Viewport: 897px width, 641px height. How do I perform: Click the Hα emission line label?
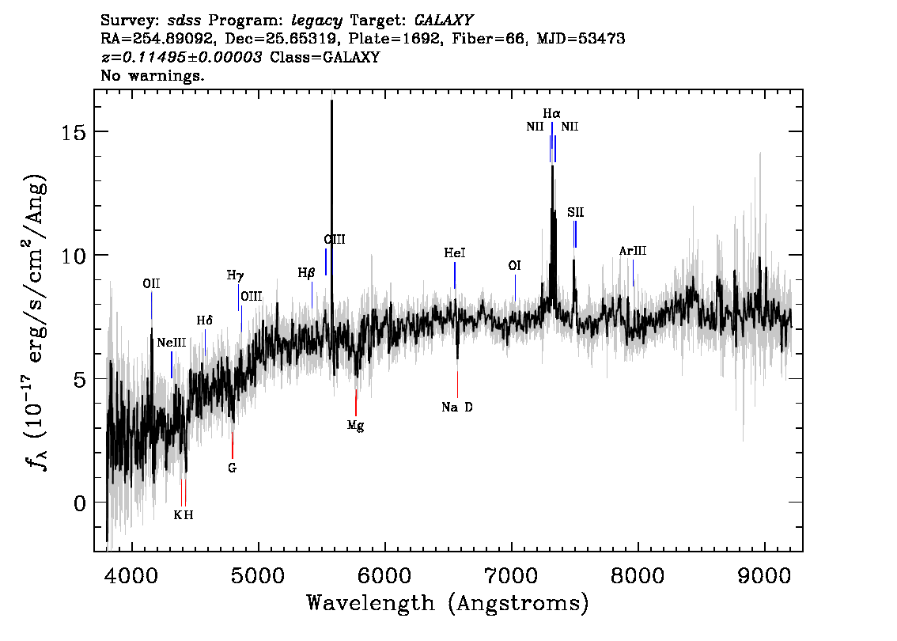[x=551, y=113]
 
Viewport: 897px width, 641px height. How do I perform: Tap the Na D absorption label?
[x=457, y=408]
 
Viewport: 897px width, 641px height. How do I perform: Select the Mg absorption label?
[x=355, y=426]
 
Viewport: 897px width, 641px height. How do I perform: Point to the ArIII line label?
[x=633, y=251]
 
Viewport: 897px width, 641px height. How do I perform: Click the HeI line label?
[x=455, y=253]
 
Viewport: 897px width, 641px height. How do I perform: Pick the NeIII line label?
[x=172, y=343]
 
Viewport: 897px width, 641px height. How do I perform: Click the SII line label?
[x=576, y=212]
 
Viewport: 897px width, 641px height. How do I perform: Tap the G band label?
[x=232, y=468]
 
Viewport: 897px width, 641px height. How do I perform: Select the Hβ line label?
[x=306, y=273]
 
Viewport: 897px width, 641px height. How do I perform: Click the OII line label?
[x=151, y=284]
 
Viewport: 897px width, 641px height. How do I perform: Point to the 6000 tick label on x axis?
[x=384, y=575]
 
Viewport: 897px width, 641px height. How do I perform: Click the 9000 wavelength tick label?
[x=764, y=575]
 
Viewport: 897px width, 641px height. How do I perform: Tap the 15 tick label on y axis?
[x=74, y=132]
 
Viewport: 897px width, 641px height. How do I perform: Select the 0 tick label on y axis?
[x=80, y=503]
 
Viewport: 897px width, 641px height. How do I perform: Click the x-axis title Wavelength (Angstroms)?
[x=448, y=603]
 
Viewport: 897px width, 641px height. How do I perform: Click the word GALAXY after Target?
[x=443, y=21]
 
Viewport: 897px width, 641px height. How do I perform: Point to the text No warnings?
[x=152, y=75]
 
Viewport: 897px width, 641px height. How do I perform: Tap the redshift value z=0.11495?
[x=181, y=57]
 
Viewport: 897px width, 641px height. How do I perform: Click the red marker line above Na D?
[x=457, y=384]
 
